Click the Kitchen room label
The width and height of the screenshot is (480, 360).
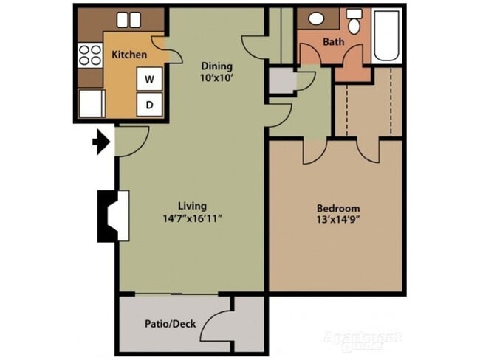pyautogui.click(x=129, y=55)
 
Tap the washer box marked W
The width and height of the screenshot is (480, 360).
pyautogui.click(x=149, y=78)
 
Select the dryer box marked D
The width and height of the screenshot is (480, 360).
pyautogui.click(x=149, y=105)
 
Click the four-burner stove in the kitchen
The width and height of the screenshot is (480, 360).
pyautogui.click(x=90, y=55)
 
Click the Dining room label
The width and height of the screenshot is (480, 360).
pyautogui.click(x=216, y=66)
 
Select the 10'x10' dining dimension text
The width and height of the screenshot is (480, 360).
pyautogui.click(x=216, y=78)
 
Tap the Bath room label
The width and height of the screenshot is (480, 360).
pyautogui.click(x=333, y=42)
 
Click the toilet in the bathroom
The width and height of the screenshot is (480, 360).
pyautogui.click(x=354, y=22)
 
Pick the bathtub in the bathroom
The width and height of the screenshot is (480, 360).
pyautogui.click(x=388, y=35)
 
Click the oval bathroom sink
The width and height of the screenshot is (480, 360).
pyautogui.click(x=317, y=18)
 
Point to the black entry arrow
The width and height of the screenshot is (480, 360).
pyautogui.click(x=100, y=141)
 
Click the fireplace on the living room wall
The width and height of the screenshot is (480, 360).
pyautogui.click(x=114, y=216)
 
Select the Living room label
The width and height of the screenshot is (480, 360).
pyautogui.click(x=192, y=206)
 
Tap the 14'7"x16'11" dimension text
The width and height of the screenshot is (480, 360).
pyautogui.click(x=192, y=218)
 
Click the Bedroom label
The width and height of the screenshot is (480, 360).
pyautogui.click(x=338, y=209)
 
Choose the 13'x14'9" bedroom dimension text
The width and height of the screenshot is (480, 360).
pyautogui.click(x=338, y=221)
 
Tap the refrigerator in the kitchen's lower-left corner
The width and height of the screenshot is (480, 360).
pyautogui.click(x=92, y=103)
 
